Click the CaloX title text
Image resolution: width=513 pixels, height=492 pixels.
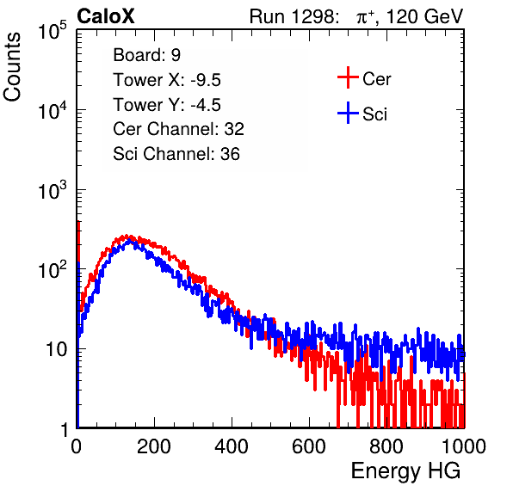click(106, 16)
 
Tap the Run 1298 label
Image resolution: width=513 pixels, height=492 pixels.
click(294, 16)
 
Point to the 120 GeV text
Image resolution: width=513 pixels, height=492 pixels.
click(424, 16)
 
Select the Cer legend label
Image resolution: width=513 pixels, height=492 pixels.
click(376, 79)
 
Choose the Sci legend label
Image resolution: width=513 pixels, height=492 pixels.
click(374, 114)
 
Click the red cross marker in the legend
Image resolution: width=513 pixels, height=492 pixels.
click(348, 77)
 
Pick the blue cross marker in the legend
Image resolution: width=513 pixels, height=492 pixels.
click(348, 113)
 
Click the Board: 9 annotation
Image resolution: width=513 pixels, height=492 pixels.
click(147, 55)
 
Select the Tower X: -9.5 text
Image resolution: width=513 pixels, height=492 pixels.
click(167, 80)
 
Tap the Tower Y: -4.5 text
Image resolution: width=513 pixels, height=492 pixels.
click(167, 105)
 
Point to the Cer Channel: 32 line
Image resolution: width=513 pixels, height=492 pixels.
click(179, 129)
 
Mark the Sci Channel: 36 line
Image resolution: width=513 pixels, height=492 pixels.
click(176, 154)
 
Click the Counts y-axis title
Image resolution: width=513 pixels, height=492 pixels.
click(12, 67)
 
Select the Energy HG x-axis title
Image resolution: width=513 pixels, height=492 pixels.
click(405, 471)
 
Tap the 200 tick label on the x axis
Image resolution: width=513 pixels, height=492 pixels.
click(154, 446)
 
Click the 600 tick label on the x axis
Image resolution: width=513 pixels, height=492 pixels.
click(309, 446)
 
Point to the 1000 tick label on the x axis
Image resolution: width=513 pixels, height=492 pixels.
click(464, 446)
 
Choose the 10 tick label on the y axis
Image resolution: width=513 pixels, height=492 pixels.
click(56, 349)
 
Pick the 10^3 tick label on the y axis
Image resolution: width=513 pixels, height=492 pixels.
click(53, 190)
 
